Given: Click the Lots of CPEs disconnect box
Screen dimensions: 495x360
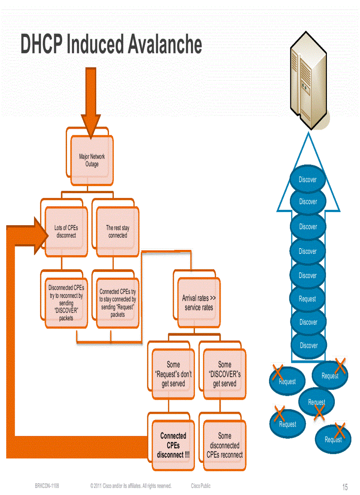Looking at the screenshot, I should click(x=66, y=232).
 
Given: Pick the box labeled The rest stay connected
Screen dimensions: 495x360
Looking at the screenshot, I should click(x=117, y=232).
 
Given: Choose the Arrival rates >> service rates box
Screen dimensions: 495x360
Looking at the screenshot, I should click(x=199, y=303).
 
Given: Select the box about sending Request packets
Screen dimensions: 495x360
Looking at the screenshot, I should click(x=117, y=303).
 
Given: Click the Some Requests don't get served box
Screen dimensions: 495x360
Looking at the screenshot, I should click(x=173, y=374).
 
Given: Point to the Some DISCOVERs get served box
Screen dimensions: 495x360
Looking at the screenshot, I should click(x=225, y=374).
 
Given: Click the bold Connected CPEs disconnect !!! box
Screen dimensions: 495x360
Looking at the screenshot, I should click(x=173, y=445).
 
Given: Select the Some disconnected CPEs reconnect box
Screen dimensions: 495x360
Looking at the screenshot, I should click(x=225, y=445).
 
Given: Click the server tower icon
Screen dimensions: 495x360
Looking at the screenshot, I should click(x=308, y=82).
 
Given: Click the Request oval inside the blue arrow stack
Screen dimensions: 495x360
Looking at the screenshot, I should click(x=307, y=299).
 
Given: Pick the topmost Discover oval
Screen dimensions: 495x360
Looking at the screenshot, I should click(x=308, y=179).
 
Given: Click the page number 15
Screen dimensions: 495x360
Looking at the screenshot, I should click(x=345, y=487).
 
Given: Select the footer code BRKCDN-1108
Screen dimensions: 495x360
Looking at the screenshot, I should click(x=47, y=486).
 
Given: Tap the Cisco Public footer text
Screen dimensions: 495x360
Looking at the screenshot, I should click(x=201, y=486).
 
